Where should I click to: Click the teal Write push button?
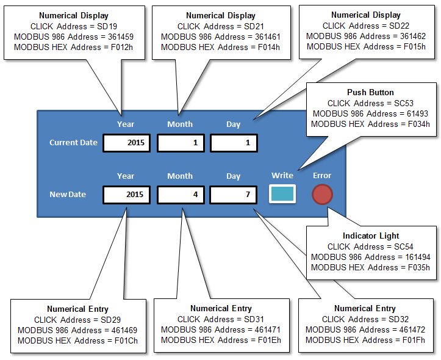[x=282, y=194]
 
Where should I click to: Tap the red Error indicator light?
[x=322, y=195]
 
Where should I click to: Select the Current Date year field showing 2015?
[x=126, y=143]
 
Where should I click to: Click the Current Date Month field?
[x=181, y=143]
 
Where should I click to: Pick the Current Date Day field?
[x=234, y=143]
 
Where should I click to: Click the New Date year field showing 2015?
[x=126, y=195]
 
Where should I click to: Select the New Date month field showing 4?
[x=181, y=195]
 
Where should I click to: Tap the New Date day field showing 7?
[x=234, y=195]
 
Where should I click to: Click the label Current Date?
[x=73, y=143]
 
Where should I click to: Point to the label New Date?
[x=68, y=195]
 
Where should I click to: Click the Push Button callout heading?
[x=370, y=92]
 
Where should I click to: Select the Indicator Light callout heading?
[x=371, y=236]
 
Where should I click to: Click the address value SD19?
[x=107, y=26]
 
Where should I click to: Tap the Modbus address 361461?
[x=268, y=37]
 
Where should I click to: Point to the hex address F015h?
[x=415, y=46]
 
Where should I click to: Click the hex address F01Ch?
[x=126, y=340]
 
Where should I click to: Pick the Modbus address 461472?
[x=412, y=329]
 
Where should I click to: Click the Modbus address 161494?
[x=418, y=257]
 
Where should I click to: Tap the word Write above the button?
[x=282, y=176]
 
